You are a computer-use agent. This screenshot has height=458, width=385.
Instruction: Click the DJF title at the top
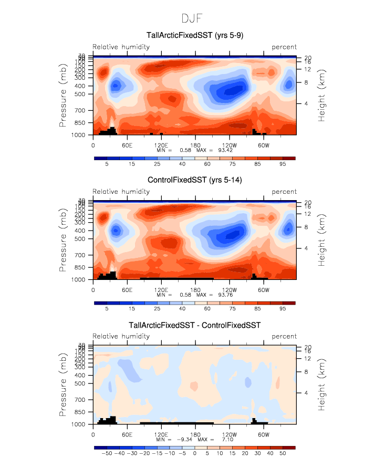[192, 18]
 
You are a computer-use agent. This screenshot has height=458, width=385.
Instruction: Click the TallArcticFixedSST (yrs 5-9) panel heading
[194, 36]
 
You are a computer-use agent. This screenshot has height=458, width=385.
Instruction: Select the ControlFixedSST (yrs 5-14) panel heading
[194, 180]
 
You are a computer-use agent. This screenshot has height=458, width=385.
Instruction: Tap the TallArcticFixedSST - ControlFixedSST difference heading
[194, 325]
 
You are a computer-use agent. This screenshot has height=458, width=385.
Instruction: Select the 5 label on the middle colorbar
[107, 309]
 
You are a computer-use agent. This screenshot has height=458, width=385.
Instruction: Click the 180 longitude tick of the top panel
[195, 144]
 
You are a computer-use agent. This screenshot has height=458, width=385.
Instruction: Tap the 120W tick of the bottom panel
[229, 434]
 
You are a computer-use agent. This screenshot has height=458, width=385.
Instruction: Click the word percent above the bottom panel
[284, 336]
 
